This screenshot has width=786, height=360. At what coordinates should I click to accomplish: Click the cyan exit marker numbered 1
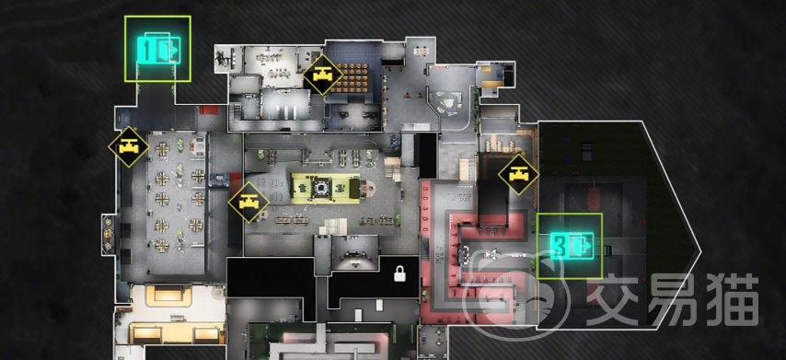click(x=158, y=49)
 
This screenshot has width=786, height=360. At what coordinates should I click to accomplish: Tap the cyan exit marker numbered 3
click(x=572, y=246)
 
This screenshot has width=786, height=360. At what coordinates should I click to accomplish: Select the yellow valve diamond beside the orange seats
click(x=322, y=75)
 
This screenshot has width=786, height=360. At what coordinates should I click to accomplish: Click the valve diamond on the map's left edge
click(x=129, y=147)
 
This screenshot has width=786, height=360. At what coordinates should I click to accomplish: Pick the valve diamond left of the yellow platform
click(x=249, y=202)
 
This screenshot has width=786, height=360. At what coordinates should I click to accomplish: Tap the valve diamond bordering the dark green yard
click(x=518, y=175)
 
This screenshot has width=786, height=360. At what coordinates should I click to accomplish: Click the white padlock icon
click(x=399, y=273)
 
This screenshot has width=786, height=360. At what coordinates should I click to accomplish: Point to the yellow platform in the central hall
click(x=325, y=188)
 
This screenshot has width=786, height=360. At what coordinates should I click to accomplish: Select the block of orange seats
click(x=353, y=77)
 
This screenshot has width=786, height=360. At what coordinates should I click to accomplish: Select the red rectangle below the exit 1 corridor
click(x=209, y=110)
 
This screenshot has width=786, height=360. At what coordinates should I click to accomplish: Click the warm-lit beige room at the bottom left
click(x=171, y=315)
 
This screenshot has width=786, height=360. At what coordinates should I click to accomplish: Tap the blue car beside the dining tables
click(x=218, y=179)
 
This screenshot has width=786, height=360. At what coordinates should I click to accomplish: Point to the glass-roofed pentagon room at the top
click(x=450, y=97)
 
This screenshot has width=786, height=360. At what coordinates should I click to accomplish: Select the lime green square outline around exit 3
click(x=569, y=246)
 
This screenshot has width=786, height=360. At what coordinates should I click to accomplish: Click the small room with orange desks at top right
click(x=493, y=76)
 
